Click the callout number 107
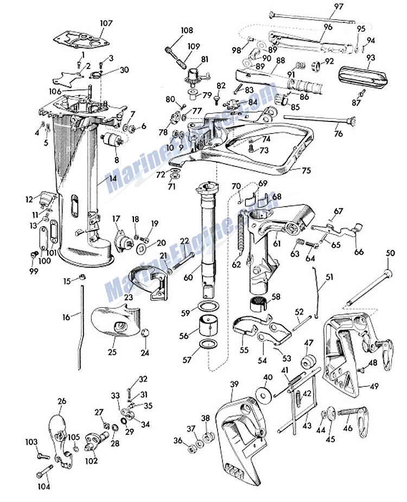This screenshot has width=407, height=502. point(106,23)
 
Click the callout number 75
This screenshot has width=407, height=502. point(307,170)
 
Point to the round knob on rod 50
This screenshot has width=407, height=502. point(388,274)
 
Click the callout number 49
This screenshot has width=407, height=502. point(374,386)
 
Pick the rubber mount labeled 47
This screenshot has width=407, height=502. point(309,361)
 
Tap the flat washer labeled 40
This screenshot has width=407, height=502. point(264,394)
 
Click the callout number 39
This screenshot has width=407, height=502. point(234,383)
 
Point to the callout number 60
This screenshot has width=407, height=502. point(188,277)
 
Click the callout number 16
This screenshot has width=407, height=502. point(66,317)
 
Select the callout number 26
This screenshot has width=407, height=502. point(62,401)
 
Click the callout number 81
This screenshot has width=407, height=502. point(205,59)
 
